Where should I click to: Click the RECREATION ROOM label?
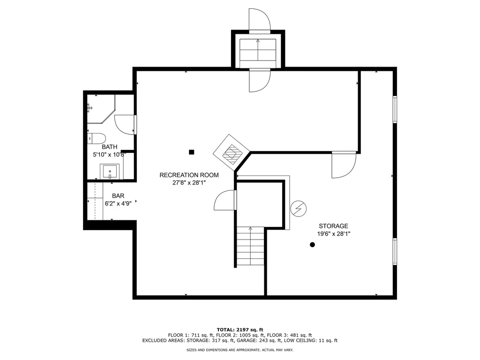(x=189, y=175)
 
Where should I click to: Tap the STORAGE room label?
(x=333, y=225)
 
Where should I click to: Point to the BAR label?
(x=118, y=195)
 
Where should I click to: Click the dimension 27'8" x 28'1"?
(x=189, y=183)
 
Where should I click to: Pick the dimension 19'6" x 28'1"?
(x=333, y=233)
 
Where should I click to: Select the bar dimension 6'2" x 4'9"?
(x=118, y=203)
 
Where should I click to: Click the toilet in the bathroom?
(x=96, y=138)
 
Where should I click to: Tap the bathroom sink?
(x=110, y=172)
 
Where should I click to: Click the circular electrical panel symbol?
(x=298, y=208)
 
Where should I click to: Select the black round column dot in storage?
(x=312, y=244)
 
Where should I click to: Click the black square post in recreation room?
(x=191, y=151)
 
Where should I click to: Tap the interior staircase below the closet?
(x=250, y=247)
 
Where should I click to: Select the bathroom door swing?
(x=125, y=124)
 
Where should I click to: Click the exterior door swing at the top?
(x=259, y=20)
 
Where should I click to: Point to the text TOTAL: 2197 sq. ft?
(x=240, y=329)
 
